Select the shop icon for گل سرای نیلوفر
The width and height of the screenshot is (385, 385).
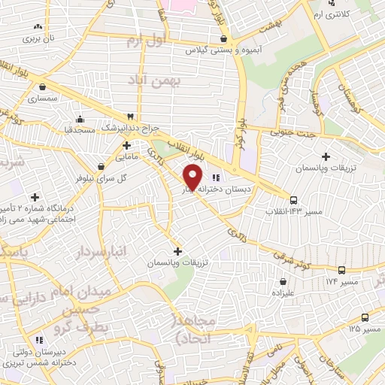click(102, 166)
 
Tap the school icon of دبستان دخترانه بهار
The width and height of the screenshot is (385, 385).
click(217, 177)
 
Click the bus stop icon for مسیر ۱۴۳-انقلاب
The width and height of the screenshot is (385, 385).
click(293, 200)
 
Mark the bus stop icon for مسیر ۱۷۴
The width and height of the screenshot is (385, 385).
click(342, 269)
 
